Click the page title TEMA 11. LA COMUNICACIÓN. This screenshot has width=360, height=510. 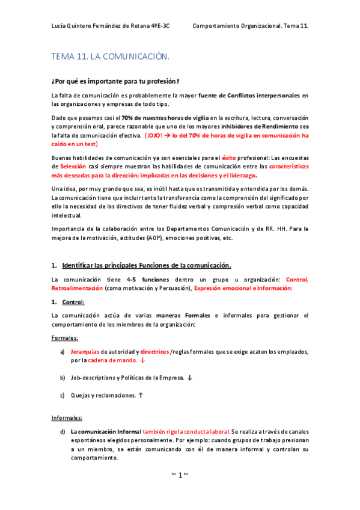111,57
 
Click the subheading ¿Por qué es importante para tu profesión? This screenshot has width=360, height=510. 116,81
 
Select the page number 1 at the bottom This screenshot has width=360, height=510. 180,475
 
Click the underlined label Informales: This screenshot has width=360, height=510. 67,417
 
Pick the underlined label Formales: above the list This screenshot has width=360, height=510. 64,338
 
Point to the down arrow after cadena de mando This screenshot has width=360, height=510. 142,361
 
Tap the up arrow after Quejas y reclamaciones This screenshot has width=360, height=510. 141,395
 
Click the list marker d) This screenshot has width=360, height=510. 63,432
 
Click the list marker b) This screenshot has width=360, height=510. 63,378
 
